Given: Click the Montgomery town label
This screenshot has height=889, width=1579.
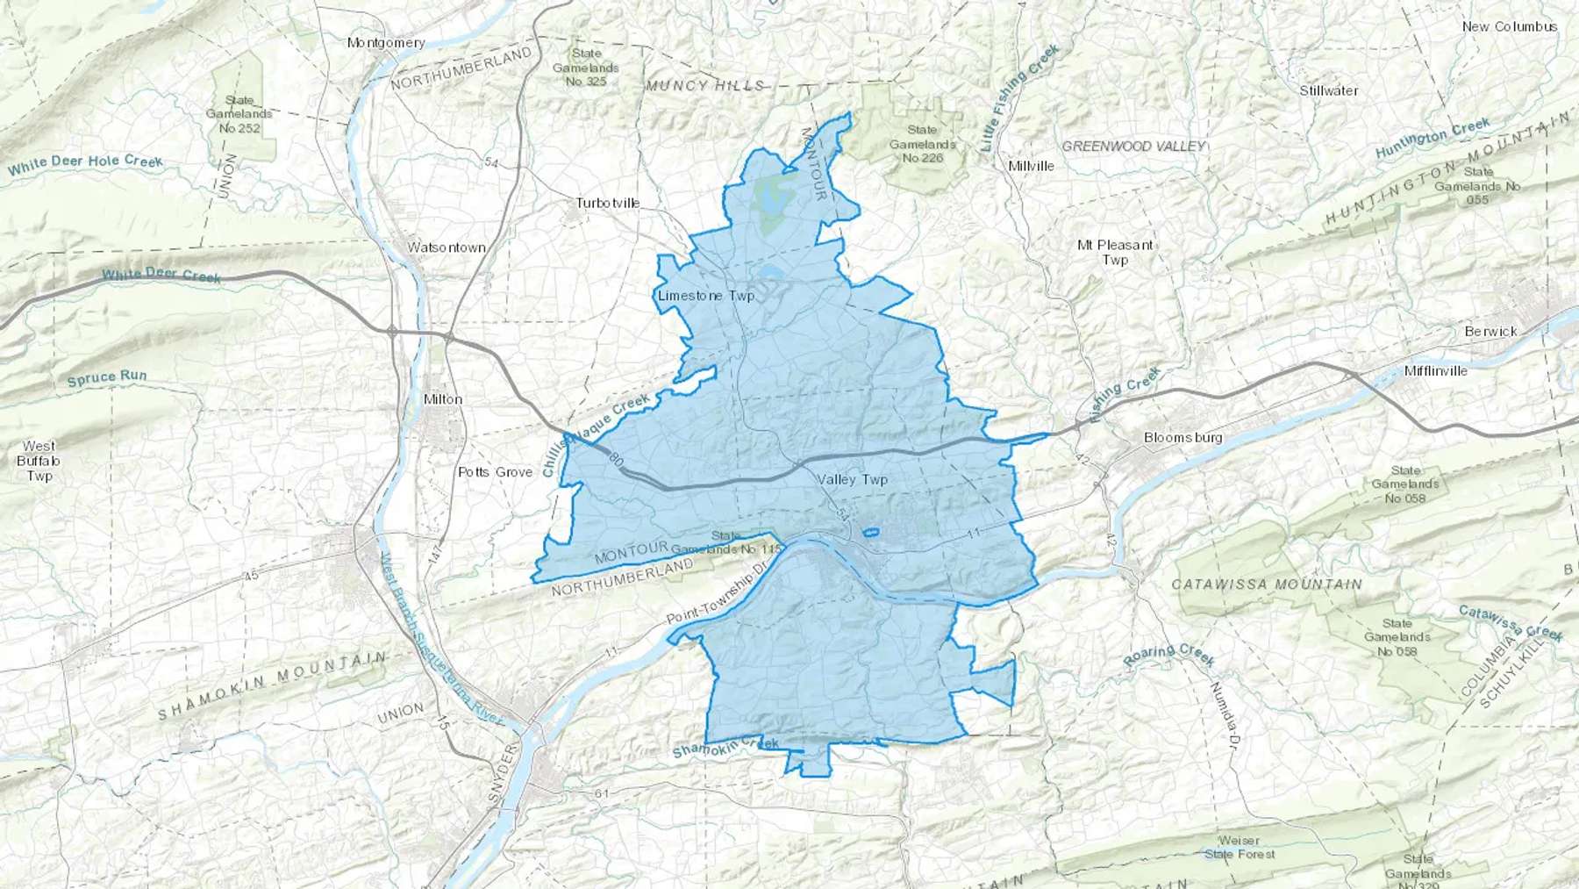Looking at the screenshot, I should [386, 42].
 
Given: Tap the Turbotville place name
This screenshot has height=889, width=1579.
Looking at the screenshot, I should [608, 203].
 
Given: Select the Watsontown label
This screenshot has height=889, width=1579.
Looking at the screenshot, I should [447, 247].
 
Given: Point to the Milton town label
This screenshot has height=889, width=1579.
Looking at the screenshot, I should [443, 398].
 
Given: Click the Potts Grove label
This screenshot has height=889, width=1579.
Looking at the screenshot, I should [496, 472].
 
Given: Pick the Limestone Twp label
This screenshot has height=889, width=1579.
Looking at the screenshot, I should [706, 296].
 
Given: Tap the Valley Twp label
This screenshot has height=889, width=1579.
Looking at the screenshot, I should [853, 479].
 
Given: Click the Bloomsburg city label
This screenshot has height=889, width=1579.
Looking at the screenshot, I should [1182, 437].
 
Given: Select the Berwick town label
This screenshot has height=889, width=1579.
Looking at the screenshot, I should [1490, 332].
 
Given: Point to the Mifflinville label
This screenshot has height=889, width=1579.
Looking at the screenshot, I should [1435, 370].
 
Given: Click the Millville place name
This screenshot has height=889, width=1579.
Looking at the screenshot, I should [1032, 166].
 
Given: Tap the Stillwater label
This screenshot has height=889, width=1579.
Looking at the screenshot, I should [1329, 90].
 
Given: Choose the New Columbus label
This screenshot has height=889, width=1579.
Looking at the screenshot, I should [1509, 26].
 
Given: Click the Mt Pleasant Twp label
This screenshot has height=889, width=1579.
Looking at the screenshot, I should [1115, 253].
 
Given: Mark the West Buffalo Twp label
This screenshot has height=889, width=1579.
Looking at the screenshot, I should [39, 461].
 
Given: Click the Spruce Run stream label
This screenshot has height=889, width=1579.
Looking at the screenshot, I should [107, 377].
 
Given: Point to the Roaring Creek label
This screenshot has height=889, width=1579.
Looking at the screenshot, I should [1169, 655].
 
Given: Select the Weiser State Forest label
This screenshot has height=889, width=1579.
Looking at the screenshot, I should [1240, 847].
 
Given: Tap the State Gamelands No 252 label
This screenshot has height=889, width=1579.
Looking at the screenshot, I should [239, 114].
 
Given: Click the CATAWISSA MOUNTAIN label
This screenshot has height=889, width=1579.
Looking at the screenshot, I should [1267, 584].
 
